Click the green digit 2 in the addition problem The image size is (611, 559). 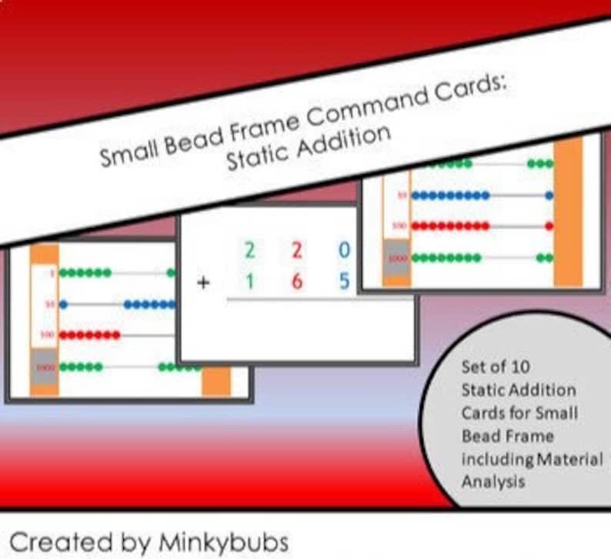click(249, 249)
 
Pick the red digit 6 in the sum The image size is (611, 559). click(296, 282)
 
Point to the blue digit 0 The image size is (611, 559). click(344, 249)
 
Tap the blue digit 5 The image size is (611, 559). click(344, 282)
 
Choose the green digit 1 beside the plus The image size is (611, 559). click(249, 282)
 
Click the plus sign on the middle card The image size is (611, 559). click(203, 283)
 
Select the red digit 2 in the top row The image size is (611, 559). click(296, 249)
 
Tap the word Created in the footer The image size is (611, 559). click(54, 541)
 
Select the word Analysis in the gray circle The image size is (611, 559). click(493, 481)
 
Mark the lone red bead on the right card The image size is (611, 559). click(549, 226)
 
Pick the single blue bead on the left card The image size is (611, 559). click(63, 304)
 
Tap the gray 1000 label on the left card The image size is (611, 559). click(45, 367)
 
